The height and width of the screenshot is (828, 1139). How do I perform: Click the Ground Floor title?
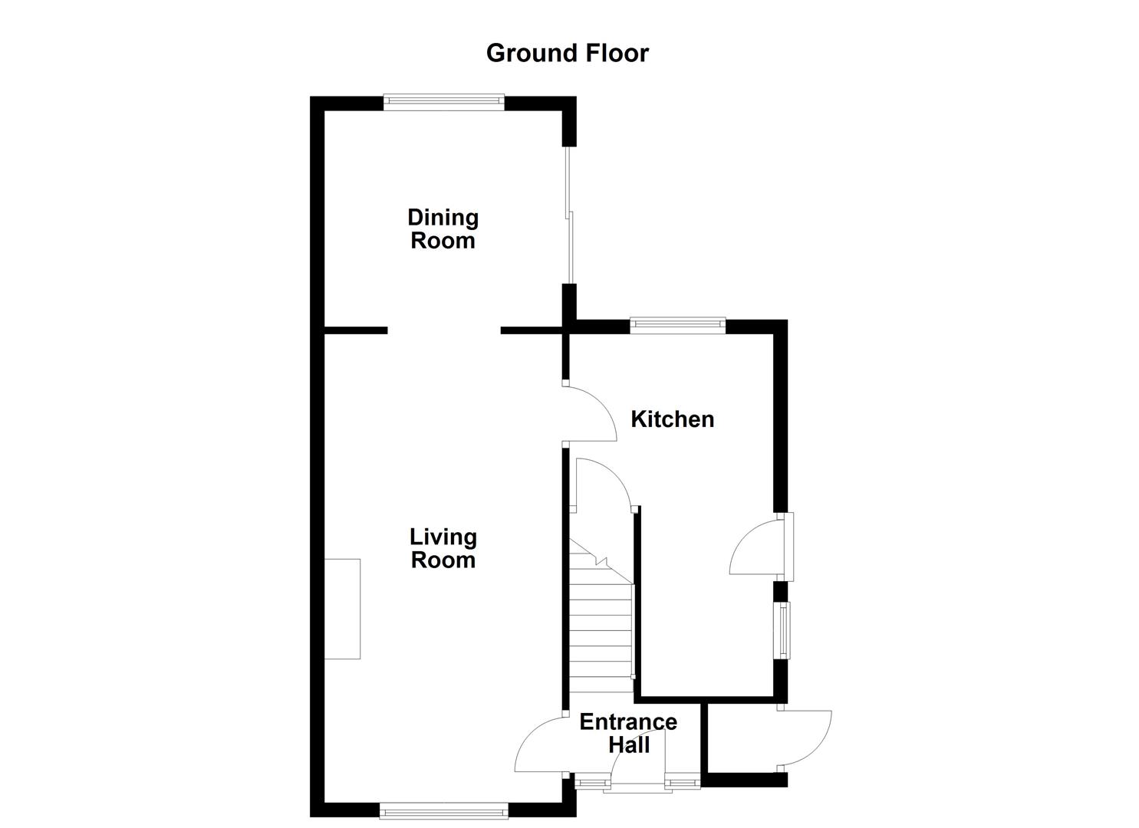click(x=567, y=53)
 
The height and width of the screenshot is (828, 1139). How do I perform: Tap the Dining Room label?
click(x=443, y=228)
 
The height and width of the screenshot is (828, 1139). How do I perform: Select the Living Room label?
click(x=443, y=548)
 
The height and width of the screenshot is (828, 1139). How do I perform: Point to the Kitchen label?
click(x=672, y=419)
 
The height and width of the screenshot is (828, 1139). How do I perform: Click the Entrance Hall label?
click(x=628, y=733)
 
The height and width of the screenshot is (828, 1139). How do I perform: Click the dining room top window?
click(x=444, y=103)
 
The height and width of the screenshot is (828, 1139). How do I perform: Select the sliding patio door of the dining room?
click(x=569, y=215)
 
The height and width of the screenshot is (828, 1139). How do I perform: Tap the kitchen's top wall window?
click(x=677, y=325)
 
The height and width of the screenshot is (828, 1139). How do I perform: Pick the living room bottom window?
click(x=443, y=810)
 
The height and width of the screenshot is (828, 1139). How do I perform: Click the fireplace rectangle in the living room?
click(x=342, y=609)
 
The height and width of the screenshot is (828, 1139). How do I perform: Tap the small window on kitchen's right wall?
click(x=783, y=630)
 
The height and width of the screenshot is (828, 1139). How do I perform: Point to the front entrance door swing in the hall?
click(x=638, y=759)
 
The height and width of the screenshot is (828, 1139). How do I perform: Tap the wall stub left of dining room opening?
click(x=355, y=330)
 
